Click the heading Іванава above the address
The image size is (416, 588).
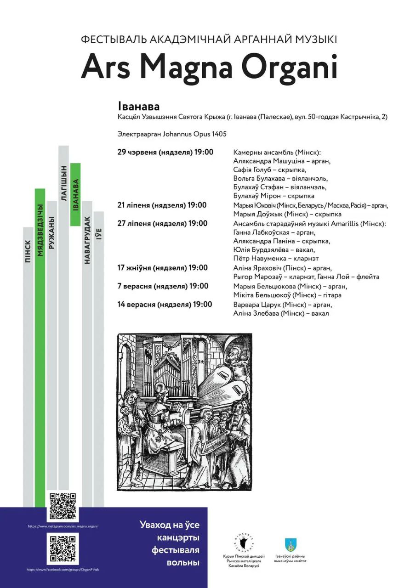pos(138,107)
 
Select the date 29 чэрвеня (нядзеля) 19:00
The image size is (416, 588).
pos(165,152)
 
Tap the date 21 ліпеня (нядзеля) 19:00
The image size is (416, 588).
pos(162,205)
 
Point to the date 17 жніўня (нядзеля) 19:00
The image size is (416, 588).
pos(163,268)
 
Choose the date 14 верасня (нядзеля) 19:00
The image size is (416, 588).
pos(165,304)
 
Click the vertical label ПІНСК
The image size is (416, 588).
pos(28,251)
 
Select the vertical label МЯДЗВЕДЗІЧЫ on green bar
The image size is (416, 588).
pos(40,231)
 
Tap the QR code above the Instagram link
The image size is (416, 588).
pos(63,506)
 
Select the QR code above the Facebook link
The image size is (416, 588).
pos(63,548)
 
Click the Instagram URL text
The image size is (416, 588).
pos(63,526)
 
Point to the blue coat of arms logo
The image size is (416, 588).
pos(291,545)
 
